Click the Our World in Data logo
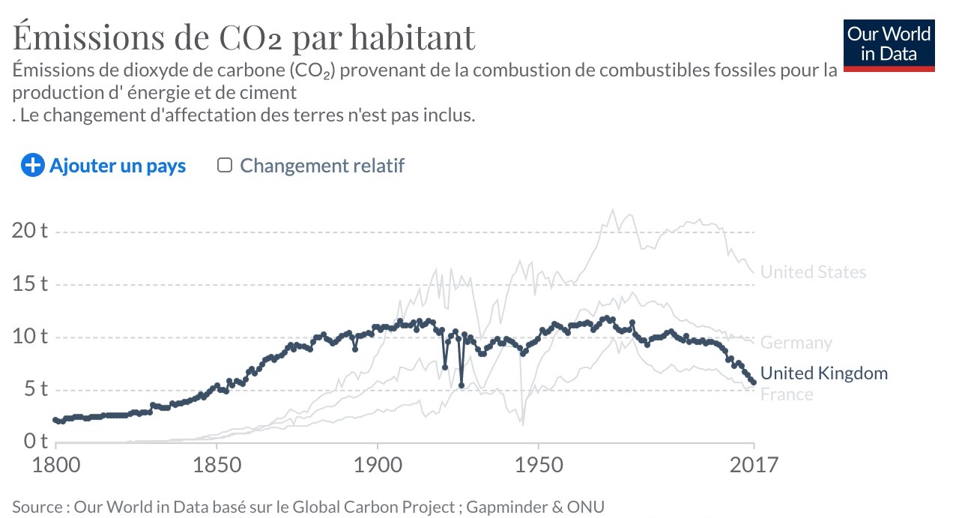point(889,44)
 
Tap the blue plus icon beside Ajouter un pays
point(33,166)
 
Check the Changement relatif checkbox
point(224,165)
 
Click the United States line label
point(813,272)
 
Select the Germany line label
point(796,343)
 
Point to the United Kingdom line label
point(823,373)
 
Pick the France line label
point(786,394)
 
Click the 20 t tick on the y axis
point(29,230)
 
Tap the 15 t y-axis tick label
point(29,284)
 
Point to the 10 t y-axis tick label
point(29,336)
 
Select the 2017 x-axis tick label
point(753,465)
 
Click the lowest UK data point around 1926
point(462,385)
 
